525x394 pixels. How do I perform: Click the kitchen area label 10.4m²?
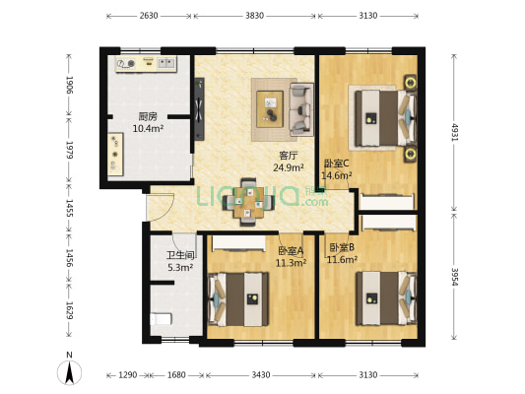148,128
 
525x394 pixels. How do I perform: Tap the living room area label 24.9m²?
289,167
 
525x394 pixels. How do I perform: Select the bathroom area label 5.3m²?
180,268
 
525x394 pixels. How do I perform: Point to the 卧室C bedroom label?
337,164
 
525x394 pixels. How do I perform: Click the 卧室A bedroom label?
291,250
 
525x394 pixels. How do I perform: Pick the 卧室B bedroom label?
342,247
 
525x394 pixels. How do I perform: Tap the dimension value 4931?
454,132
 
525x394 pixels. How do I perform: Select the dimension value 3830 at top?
254,16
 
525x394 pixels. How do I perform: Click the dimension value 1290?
128,375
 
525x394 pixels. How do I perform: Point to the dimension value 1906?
69,85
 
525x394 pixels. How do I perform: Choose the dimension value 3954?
454,276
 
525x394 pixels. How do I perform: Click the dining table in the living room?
248,203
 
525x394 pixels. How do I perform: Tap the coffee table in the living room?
270,109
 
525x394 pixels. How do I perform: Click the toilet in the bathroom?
161,319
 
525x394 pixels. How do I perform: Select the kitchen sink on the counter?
166,63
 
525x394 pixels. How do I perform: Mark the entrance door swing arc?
169,209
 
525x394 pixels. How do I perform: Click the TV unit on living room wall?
199,108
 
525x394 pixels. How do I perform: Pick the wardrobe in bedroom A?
238,243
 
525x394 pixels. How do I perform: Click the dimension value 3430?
261,375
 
